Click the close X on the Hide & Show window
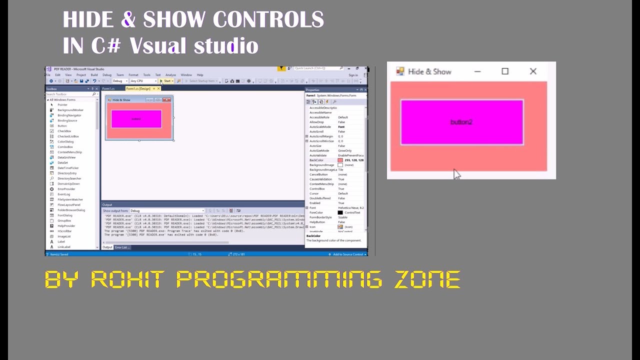533,71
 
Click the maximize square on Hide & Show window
505,71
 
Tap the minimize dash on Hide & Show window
477,71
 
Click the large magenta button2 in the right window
461,122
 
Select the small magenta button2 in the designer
136,119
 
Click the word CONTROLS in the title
268,20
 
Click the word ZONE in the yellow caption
427,279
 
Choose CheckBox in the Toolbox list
64,131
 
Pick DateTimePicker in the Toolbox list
68,168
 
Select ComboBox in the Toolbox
65,147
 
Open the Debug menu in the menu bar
107,75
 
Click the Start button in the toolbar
167,81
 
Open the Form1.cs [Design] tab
138,88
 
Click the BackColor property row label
316,160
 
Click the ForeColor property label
316,212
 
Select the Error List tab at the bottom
122,247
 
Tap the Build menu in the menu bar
94,75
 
